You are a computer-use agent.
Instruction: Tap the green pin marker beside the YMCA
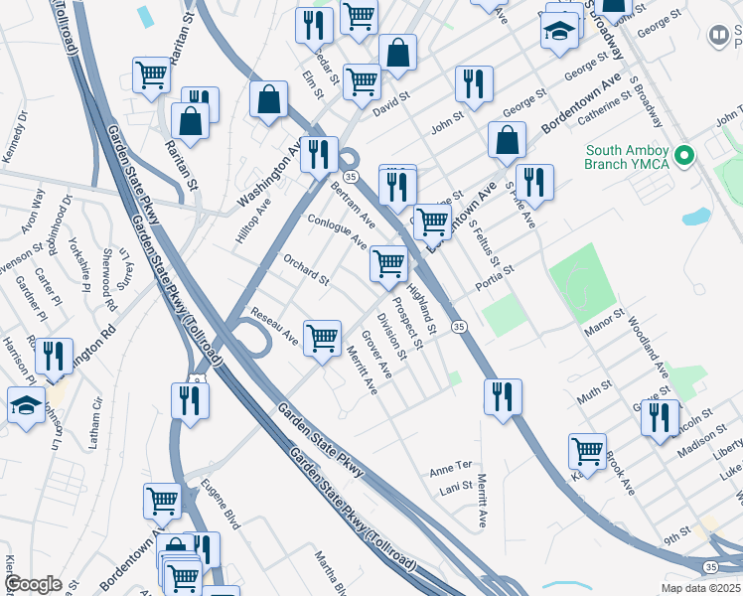(x=682, y=156)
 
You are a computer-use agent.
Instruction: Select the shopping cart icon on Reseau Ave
(x=323, y=338)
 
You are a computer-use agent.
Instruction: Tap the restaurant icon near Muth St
(x=504, y=396)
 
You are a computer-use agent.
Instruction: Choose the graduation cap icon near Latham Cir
(x=26, y=404)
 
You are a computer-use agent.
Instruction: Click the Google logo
(x=34, y=584)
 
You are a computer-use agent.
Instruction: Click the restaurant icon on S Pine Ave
(x=535, y=182)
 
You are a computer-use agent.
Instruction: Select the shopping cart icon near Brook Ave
(x=587, y=450)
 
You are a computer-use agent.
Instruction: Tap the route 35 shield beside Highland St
(x=459, y=327)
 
